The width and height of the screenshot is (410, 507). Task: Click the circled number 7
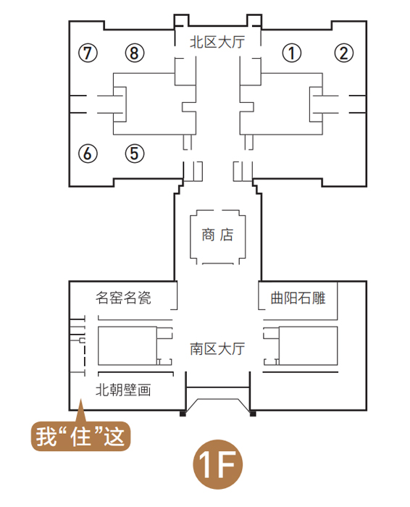click(x=88, y=53)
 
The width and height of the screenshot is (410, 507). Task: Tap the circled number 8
click(x=135, y=53)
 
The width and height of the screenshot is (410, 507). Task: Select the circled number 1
click(x=292, y=53)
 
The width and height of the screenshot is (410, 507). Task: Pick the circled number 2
click(x=343, y=53)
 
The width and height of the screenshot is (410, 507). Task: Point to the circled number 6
click(x=88, y=153)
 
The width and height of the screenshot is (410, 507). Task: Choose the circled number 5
click(x=135, y=153)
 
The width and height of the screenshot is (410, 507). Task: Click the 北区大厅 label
click(x=217, y=42)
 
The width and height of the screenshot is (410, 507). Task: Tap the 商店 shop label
click(x=217, y=235)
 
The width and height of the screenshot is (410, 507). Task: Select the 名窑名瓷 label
click(x=123, y=298)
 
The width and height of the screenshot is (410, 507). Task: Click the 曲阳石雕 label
click(x=298, y=298)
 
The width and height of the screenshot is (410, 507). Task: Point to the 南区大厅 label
click(x=217, y=349)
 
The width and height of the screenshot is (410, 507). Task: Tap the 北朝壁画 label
click(x=123, y=390)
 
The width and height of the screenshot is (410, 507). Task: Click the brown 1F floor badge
click(x=217, y=464)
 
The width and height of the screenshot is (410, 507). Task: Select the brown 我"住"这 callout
click(x=80, y=436)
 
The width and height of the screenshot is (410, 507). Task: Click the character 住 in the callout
click(x=80, y=437)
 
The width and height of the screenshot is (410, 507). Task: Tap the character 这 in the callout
click(x=114, y=437)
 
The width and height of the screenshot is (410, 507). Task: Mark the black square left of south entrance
click(x=183, y=414)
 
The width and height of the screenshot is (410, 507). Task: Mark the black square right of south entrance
click(x=253, y=414)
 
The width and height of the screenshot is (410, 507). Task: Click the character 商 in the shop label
click(x=208, y=235)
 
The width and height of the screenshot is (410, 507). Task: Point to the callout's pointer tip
click(x=80, y=401)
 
